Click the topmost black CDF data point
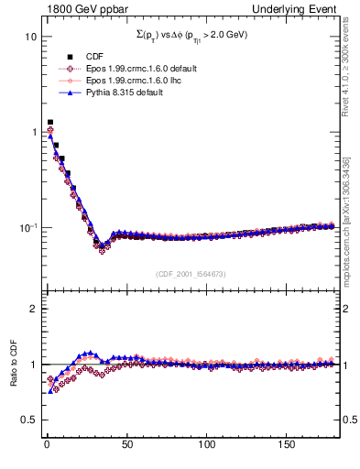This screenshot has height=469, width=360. (50, 122)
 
